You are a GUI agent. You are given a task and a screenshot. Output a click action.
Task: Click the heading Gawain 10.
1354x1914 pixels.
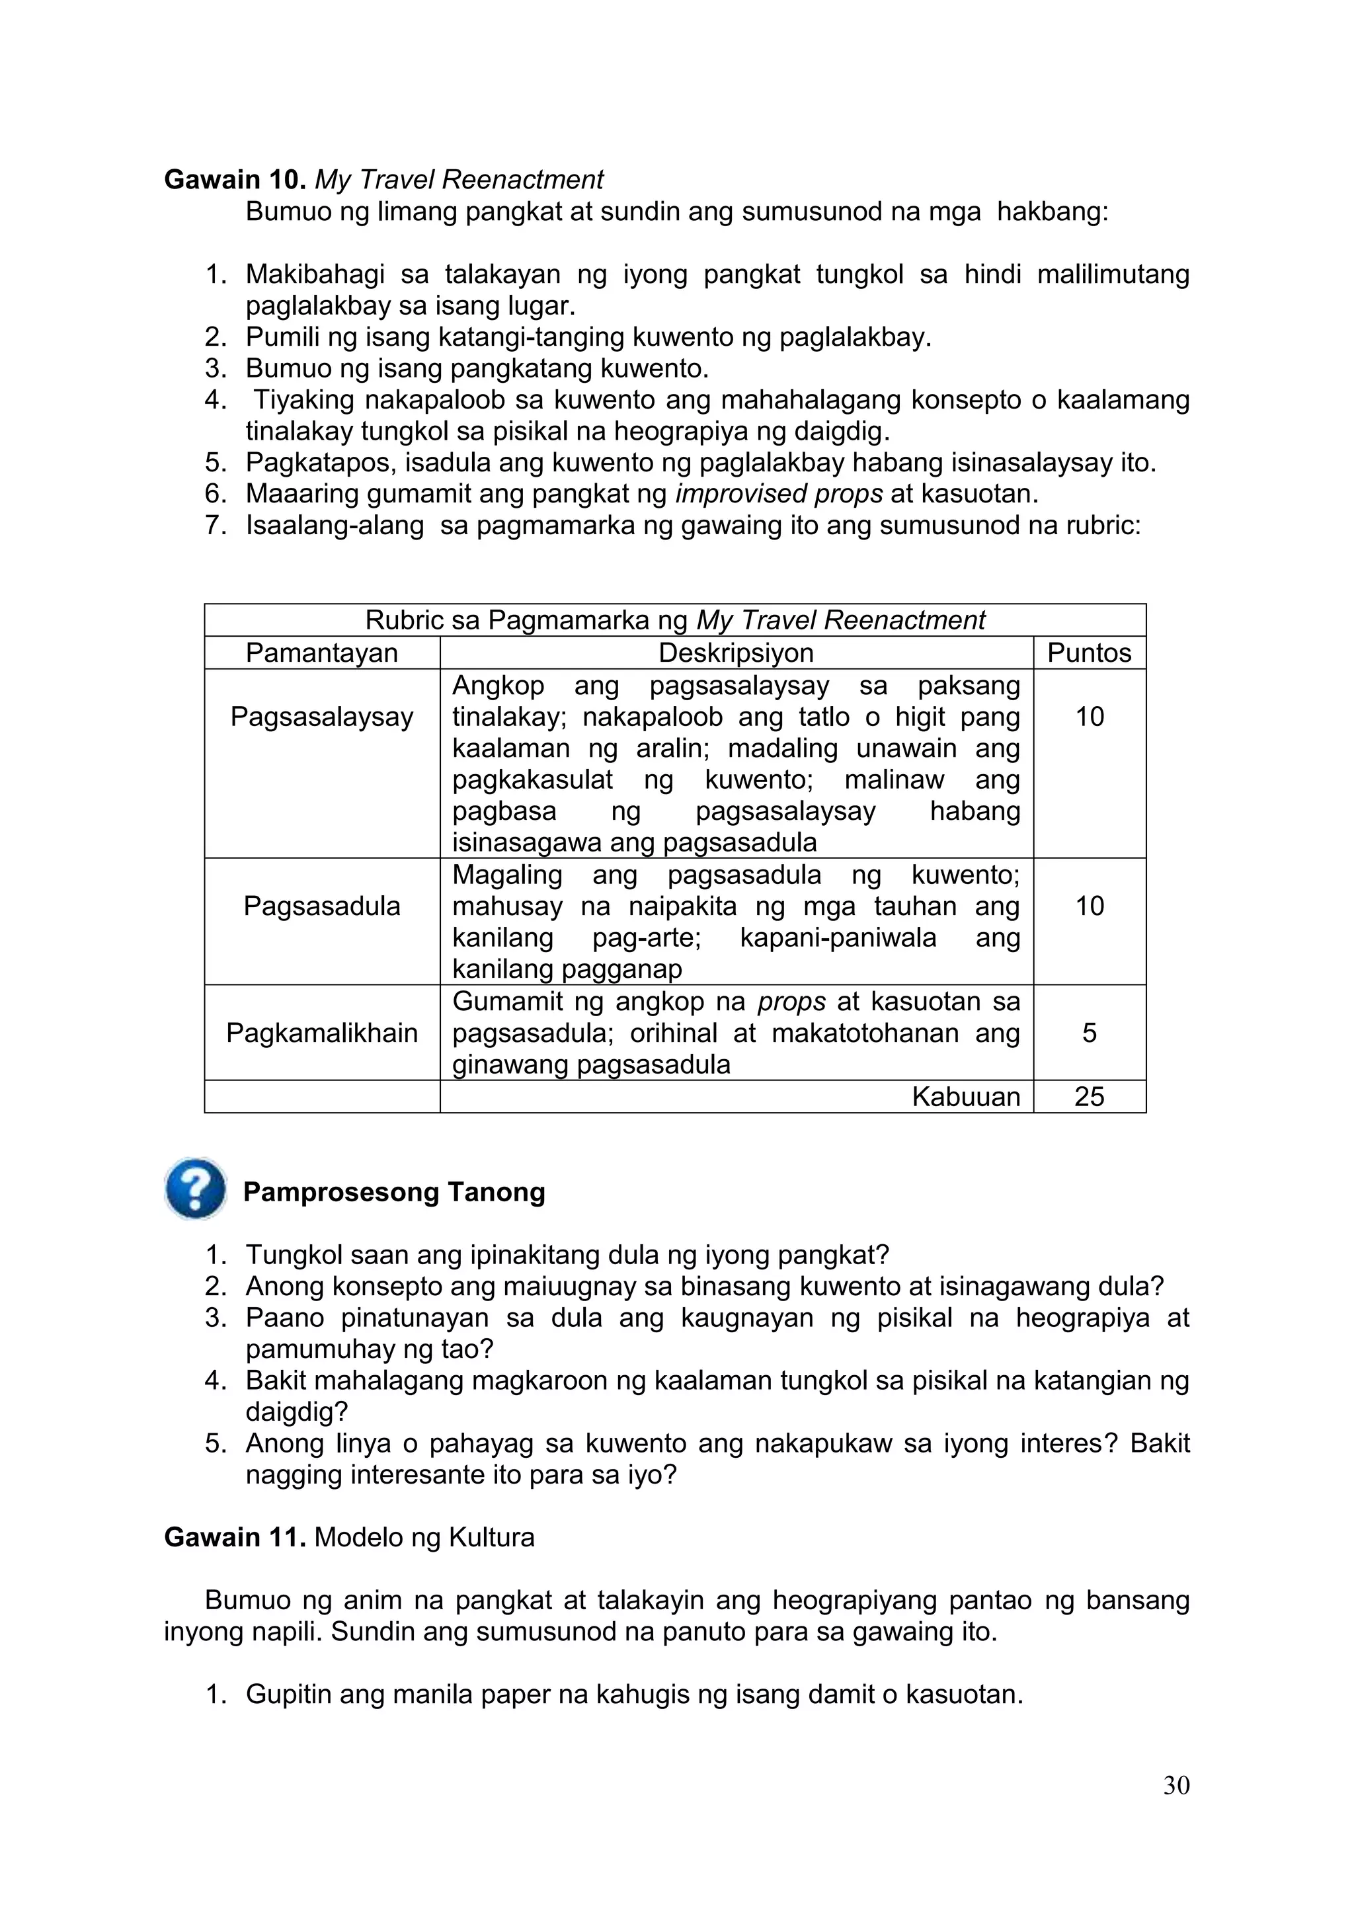click(x=235, y=179)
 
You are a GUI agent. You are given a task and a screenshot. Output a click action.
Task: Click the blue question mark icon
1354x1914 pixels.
click(x=196, y=1189)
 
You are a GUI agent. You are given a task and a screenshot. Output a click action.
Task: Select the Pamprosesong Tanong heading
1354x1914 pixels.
click(x=393, y=1192)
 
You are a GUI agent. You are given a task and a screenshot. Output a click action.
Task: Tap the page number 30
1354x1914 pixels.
click(x=1175, y=1785)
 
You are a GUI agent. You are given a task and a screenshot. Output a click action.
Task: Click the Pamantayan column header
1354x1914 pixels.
click(x=322, y=653)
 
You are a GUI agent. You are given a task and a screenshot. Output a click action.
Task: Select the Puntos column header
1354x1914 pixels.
click(x=1089, y=653)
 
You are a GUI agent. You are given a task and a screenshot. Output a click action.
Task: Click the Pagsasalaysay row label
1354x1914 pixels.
click(x=322, y=717)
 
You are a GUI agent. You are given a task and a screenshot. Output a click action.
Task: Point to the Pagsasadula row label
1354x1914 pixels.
click(x=322, y=906)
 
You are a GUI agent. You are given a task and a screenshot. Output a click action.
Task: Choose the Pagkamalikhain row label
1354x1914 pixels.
click(x=322, y=1033)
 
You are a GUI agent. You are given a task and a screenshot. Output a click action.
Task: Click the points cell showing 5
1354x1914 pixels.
click(x=1089, y=1033)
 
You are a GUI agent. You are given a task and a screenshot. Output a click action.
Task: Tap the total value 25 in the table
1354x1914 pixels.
click(x=1089, y=1096)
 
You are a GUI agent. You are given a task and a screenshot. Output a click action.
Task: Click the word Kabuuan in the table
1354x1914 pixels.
click(x=965, y=1096)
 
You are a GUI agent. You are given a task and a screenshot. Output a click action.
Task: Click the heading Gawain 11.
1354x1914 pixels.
click(x=235, y=1537)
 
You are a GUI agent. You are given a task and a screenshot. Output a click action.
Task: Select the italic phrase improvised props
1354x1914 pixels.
click(x=779, y=493)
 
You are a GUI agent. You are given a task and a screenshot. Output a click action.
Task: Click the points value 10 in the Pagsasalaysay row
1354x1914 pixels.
click(x=1089, y=717)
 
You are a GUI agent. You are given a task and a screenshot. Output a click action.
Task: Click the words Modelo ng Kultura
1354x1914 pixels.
click(x=424, y=1537)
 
